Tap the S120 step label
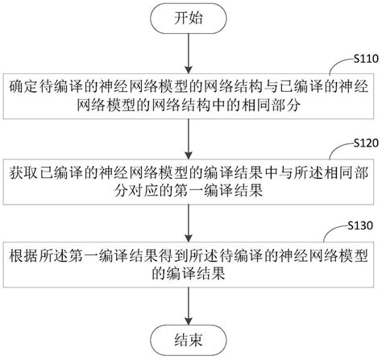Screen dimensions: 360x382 (365, 141)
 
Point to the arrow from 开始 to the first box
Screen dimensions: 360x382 (188, 52)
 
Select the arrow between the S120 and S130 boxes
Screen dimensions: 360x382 (188, 219)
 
